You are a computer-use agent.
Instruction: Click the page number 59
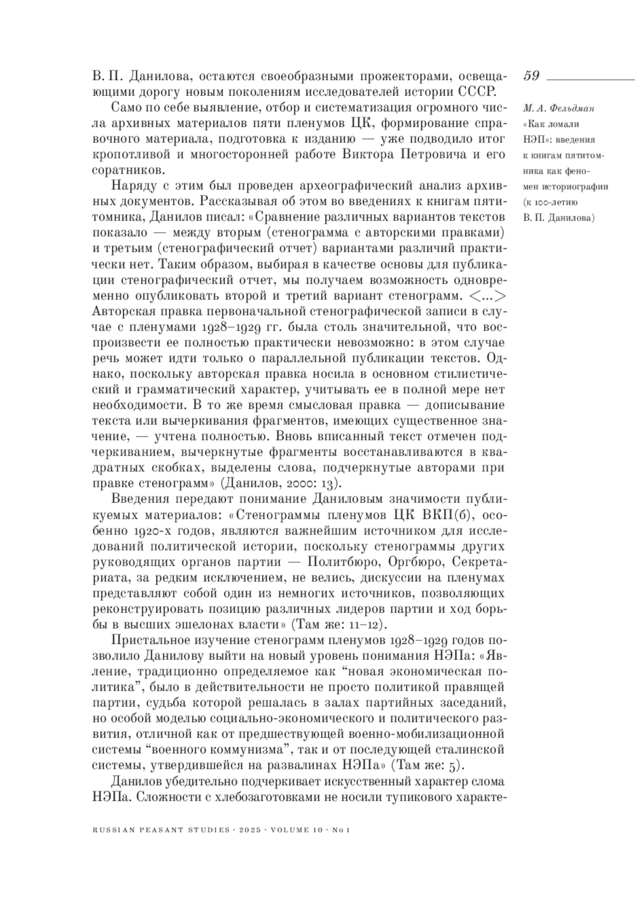[531, 76]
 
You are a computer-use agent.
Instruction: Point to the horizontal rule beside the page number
[590, 78]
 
